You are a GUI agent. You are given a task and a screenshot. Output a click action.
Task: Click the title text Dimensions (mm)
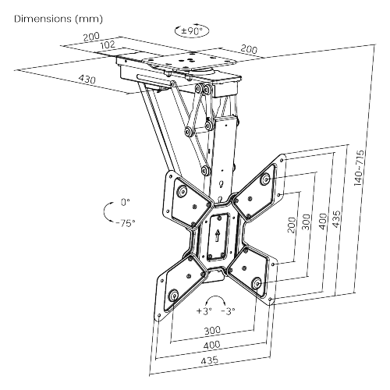click(58, 19)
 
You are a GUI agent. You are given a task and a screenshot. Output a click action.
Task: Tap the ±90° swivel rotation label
click(192, 31)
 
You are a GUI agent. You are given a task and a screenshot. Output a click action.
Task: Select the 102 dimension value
click(108, 44)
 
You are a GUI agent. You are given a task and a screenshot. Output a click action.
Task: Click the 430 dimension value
click(87, 79)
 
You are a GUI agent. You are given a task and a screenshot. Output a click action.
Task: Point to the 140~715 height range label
click(360, 168)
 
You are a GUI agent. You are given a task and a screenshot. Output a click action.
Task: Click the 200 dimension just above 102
click(91, 37)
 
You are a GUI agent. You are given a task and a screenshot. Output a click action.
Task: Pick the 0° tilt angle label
click(126, 202)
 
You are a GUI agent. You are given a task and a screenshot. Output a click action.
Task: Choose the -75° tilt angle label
click(126, 223)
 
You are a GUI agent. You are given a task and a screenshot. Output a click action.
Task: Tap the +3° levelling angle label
click(204, 310)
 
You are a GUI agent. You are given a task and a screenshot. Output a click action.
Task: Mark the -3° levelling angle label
click(228, 310)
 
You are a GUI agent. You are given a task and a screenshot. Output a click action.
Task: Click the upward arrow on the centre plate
click(218, 236)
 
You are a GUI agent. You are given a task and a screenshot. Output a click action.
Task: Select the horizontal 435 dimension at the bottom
click(210, 360)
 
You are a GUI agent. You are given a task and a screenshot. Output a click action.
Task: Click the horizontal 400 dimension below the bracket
click(211, 345)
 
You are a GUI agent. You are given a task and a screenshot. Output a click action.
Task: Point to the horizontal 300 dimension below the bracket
click(212, 331)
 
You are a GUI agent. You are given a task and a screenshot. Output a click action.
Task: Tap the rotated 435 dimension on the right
click(336, 219)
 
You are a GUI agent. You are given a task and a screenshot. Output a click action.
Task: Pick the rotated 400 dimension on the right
click(323, 222)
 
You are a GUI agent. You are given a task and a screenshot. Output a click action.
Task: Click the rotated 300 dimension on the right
click(307, 222)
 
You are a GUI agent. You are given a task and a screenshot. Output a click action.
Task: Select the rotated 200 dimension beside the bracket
click(292, 225)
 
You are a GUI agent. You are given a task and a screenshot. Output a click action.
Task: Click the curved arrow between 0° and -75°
click(105, 212)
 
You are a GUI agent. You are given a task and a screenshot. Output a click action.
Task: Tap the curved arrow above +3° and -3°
click(215, 296)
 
